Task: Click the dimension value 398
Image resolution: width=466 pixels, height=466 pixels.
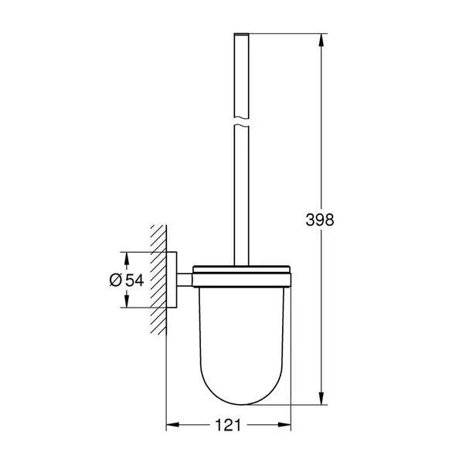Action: coord(319,219)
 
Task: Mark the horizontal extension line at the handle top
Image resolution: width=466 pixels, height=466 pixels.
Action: coord(286,33)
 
